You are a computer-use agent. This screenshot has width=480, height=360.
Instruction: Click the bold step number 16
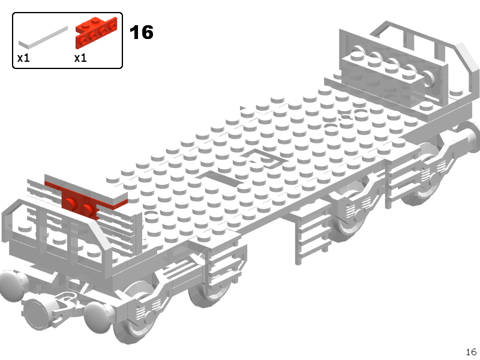pyautogui.click(x=142, y=32)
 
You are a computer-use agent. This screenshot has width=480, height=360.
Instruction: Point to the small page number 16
pyautogui.click(x=471, y=352)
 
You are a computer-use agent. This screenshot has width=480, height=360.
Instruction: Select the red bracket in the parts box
pyautogui.click(x=96, y=32)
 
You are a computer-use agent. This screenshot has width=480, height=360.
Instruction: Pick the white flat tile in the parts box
pyautogui.click(x=43, y=38)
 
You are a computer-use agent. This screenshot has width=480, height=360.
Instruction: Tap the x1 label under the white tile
pyautogui.click(x=23, y=58)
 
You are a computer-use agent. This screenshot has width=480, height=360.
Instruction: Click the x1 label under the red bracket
pyautogui.click(x=80, y=58)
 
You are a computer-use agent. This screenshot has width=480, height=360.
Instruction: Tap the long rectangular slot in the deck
pyautogui.click(x=220, y=179)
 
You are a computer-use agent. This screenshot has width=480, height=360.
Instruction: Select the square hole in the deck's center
pyautogui.click(x=265, y=158)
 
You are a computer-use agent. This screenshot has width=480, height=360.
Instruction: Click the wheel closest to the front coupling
pyautogui.click(x=134, y=312)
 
